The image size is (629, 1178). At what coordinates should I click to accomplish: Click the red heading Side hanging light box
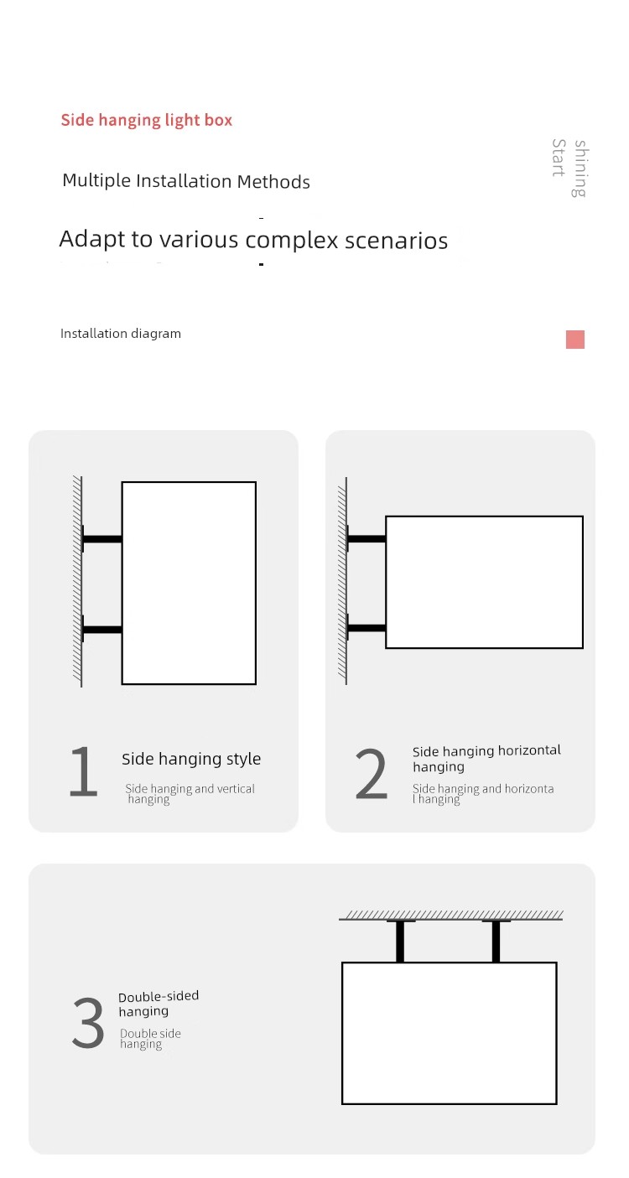coord(146,121)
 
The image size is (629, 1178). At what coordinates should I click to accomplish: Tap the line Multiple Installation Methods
coord(186,181)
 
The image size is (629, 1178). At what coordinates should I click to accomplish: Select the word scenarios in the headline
coord(396,241)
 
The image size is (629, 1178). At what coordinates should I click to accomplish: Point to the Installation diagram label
coord(121,334)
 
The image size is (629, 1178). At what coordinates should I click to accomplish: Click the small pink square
coord(574,340)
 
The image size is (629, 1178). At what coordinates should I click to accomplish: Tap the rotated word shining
coord(580,169)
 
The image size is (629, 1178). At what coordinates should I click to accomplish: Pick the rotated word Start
coord(559,158)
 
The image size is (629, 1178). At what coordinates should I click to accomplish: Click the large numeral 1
coord(84,771)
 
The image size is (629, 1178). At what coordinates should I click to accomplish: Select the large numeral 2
coord(372,773)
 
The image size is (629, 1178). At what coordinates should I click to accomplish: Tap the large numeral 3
coord(88,1022)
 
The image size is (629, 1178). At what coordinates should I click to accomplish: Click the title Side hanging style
coord(191,759)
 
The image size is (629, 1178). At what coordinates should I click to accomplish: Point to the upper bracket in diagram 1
coord(102,539)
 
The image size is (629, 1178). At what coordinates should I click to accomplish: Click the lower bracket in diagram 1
coord(102,630)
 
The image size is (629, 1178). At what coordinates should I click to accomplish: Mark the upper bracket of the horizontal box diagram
coord(366,538)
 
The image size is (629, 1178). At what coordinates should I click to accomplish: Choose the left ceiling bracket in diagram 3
coord(400,942)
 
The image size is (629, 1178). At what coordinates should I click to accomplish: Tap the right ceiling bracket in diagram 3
coord(496,942)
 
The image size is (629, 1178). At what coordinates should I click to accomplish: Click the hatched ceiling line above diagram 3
coord(450,916)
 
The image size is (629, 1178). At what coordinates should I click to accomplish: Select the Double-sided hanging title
coord(159,1004)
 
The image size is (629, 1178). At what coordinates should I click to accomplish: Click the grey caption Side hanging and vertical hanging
coord(190,793)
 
